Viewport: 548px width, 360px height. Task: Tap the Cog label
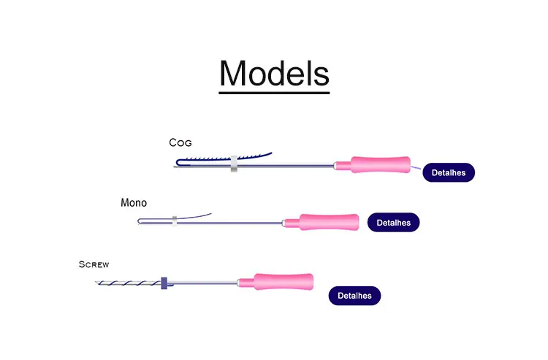pyautogui.click(x=180, y=143)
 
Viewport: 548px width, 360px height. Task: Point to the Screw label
pyautogui.click(x=94, y=264)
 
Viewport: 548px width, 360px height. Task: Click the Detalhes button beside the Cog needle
pyautogui.click(x=449, y=173)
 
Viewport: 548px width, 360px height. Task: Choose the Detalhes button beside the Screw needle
pyautogui.click(x=354, y=296)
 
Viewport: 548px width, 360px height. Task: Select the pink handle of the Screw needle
pyautogui.click(x=283, y=281)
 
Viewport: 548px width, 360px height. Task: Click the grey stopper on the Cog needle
pyautogui.click(x=234, y=164)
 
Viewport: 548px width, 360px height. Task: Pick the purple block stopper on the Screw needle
pyautogui.click(x=164, y=282)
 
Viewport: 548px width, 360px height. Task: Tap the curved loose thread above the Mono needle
pyautogui.click(x=196, y=215)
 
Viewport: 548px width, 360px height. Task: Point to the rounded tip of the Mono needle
pyautogui.click(x=140, y=221)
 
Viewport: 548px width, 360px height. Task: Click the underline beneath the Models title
pyautogui.click(x=274, y=91)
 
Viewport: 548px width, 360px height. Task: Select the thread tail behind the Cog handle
pyautogui.click(x=416, y=169)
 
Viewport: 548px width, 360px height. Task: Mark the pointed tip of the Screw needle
pyautogui.click(x=96, y=285)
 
